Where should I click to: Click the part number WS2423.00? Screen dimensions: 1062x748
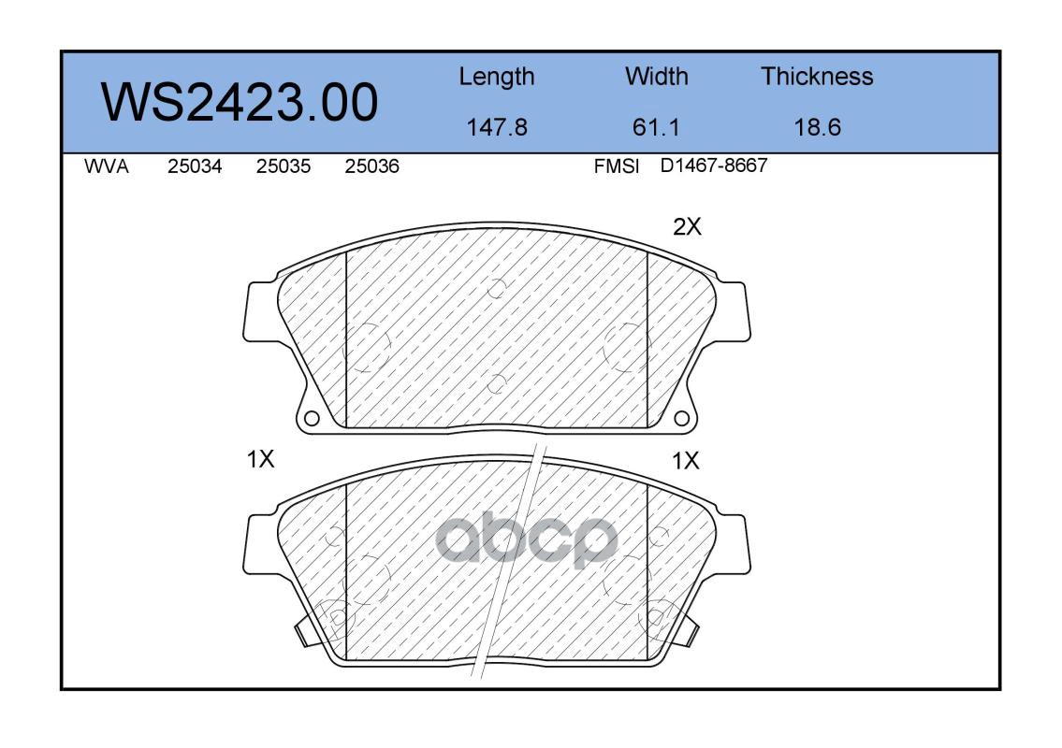coord(240,102)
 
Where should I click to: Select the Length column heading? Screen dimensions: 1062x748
coord(497,78)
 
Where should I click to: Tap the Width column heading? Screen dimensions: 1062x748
coord(656,76)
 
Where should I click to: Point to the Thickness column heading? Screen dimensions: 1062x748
coord(817,76)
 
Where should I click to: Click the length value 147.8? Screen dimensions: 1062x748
coord(497,127)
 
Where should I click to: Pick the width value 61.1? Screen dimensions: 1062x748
coord(656,127)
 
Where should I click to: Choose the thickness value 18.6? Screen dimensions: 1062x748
coord(817,127)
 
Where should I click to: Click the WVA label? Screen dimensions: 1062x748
coord(107,166)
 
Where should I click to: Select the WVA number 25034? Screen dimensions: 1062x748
coord(195,166)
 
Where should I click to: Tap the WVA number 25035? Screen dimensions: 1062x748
coord(284,166)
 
